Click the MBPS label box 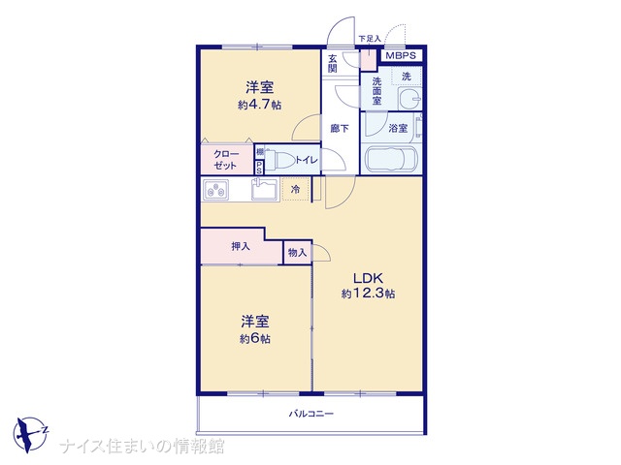pos(401,55)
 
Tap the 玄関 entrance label pos(332,64)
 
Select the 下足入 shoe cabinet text pos(369,39)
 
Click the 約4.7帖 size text pos(260,105)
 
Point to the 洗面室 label pos(376,91)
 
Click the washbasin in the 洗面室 pos(409,98)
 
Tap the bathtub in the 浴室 pos(391,159)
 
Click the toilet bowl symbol pos(280,160)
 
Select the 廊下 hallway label pos(340,128)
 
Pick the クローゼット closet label pos(226,160)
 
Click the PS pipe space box pos(259,168)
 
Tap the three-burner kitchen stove pos(215,190)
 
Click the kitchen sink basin pos(265,190)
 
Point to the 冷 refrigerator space pos(296,190)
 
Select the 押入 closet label pos(241,246)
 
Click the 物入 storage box pos(298,252)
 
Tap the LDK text pos(369,278)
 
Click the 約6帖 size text pos(255,339)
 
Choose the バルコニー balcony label pos(311,414)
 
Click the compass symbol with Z pos(30,434)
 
